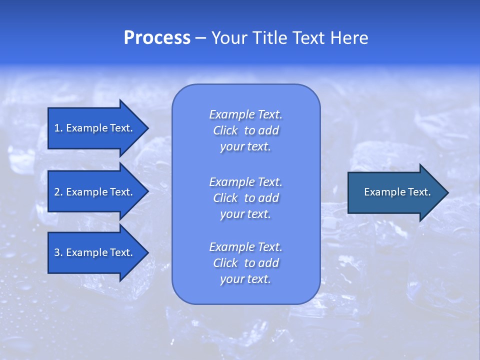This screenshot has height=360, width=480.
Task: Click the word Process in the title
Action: [157, 38]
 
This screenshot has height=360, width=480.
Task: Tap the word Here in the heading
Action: [348, 38]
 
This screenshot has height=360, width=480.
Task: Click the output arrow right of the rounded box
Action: [395, 192]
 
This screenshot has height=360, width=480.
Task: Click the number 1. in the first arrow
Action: [58, 128]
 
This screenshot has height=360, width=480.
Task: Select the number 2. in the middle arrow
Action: [58, 192]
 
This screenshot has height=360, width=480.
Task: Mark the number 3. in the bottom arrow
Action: [58, 252]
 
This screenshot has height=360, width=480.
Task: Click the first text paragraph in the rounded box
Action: [245, 130]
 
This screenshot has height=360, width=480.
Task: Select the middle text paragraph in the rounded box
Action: [245, 197]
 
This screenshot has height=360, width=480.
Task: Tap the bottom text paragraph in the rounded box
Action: [245, 263]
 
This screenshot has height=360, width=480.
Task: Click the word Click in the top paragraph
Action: [225, 130]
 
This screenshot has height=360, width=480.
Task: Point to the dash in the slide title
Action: [200, 38]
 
